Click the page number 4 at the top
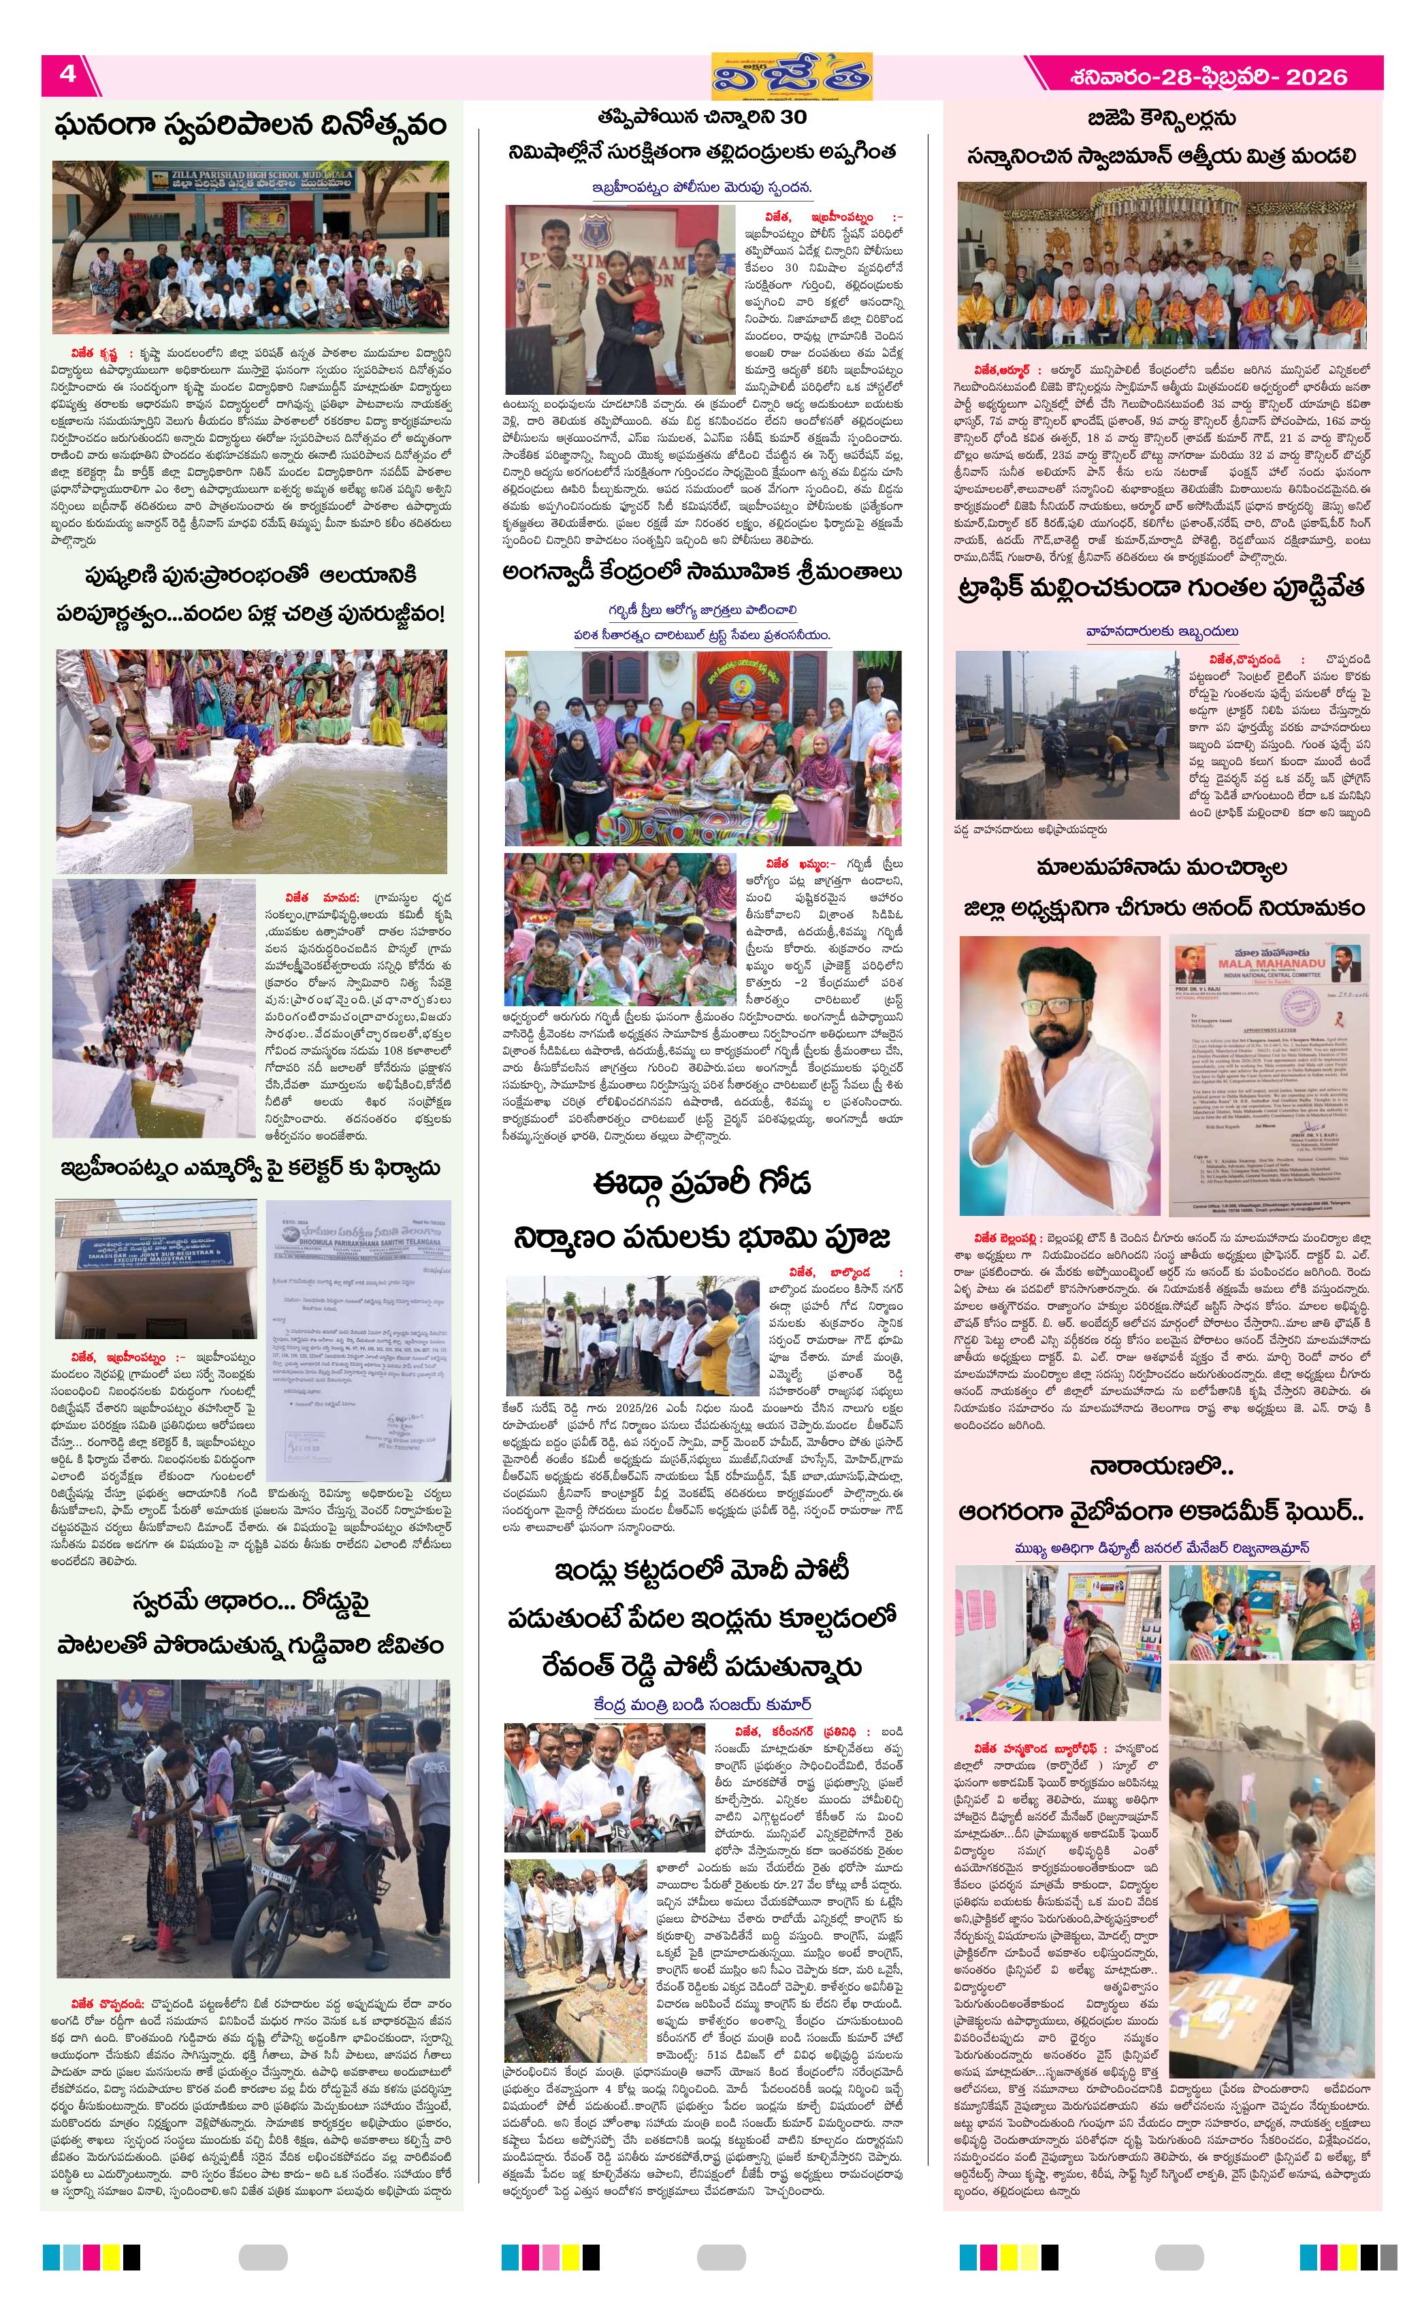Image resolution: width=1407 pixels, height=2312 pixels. coord(67,74)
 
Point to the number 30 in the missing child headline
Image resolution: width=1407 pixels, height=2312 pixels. coord(792,117)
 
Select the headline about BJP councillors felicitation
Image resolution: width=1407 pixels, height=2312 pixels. coord(1161,137)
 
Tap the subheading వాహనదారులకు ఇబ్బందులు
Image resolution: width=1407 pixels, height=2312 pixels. coord(1161,632)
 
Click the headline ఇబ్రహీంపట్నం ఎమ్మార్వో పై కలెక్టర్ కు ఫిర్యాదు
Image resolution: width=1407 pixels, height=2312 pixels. coord(250,1168)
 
